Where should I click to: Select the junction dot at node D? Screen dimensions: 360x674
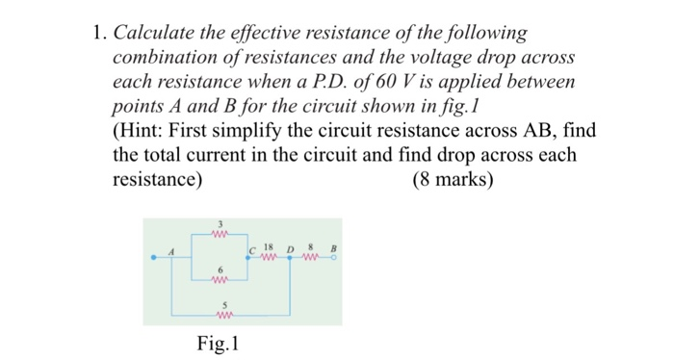pyautogui.click(x=288, y=258)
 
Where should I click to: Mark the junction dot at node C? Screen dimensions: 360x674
pyautogui.click(x=247, y=258)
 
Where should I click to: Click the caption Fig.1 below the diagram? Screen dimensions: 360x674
pyautogui.click(x=216, y=342)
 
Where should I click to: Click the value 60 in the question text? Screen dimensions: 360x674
pyautogui.click(x=371, y=81)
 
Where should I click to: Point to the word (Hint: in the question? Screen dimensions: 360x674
pyautogui.click(x=143, y=130)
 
